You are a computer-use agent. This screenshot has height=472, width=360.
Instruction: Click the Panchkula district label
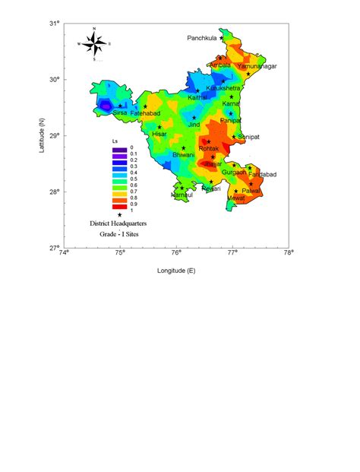[x=204, y=37]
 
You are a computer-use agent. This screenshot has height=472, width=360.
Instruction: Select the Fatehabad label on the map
[x=145, y=113]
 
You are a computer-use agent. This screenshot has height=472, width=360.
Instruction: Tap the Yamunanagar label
[x=257, y=67]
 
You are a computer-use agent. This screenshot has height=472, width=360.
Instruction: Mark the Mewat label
[x=236, y=198]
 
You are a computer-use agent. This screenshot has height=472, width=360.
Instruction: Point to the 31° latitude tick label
[x=55, y=24]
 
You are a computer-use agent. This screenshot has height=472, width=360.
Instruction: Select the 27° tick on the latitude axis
[x=55, y=248]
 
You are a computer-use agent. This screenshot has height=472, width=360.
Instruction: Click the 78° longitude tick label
[x=289, y=256]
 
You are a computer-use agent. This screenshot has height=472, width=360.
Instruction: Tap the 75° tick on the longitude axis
[x=120, y=256]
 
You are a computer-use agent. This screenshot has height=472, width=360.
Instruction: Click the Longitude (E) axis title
[x=176, y=271]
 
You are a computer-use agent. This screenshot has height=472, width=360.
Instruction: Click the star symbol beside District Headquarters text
[x=119, y=215]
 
